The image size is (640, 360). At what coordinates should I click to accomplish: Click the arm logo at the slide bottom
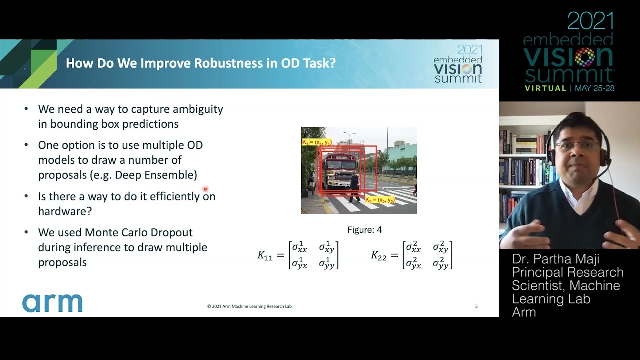52,303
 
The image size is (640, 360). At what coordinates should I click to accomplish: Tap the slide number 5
476,306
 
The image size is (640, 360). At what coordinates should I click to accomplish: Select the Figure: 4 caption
364,230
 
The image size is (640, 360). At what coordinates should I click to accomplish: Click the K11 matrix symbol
265,255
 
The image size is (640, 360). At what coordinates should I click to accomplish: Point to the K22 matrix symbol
379,255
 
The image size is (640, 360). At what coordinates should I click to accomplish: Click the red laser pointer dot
205,189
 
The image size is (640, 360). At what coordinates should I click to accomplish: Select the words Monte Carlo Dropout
139,232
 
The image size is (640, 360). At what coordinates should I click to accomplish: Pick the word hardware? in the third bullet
65,211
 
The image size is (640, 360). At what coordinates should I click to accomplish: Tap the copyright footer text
249,306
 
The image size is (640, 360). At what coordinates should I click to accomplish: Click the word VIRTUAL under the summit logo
545,88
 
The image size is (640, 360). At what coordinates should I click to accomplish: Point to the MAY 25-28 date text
594,88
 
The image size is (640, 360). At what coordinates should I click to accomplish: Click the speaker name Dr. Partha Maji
555,259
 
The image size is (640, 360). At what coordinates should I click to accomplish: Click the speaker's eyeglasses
577,145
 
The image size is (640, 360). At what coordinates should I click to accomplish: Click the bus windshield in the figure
339,165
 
